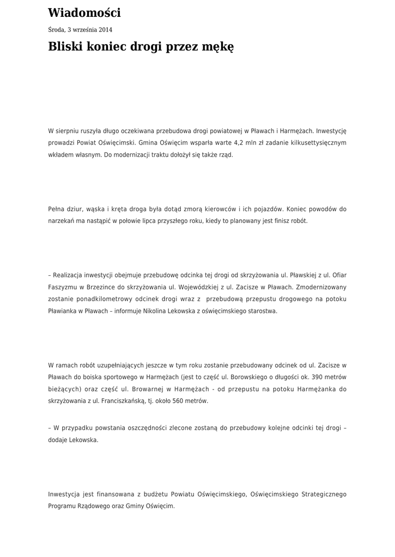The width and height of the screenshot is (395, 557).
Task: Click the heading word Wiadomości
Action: pyautogui.click(x=84, y=13)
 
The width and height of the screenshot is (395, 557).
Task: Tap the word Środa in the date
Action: pyautogui.click(x=57, y=30)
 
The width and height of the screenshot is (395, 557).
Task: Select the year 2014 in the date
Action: pyautogui.click(x=105, y=30)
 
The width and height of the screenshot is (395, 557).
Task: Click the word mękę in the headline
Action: pyautogui.click(x=218, y=47)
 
